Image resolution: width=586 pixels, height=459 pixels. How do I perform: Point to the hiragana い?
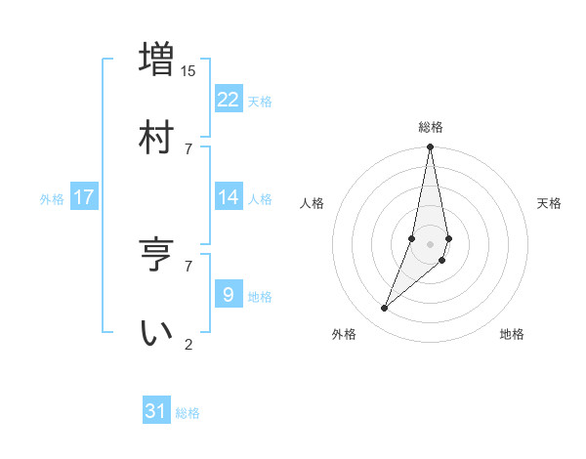(x=156, y=331)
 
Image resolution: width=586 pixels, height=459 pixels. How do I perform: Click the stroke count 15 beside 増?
(x=188, y=70)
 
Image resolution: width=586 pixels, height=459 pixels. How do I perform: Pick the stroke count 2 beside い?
(x=188, y=343)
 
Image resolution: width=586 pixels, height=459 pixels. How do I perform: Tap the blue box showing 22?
(x=229, y=100)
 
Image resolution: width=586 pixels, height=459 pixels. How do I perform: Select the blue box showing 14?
(x=229, y=197)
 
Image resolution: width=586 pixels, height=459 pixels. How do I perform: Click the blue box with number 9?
(x=229, y=295)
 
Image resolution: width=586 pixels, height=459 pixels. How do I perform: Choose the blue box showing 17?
(x=84, y=197)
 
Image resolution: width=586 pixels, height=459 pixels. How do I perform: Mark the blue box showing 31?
(x=156, y=411)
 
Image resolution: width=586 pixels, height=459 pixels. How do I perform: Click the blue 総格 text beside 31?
(x=188, y=413)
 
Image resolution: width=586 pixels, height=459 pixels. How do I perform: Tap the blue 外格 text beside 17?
(x=52, y=199)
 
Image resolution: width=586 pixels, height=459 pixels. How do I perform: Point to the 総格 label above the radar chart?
(x=431, y=127)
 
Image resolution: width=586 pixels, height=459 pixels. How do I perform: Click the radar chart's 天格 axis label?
(x=550, y=203)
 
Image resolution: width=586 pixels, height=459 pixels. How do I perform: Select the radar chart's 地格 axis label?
(x=512, y=334)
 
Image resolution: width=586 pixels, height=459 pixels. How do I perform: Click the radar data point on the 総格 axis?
(x=431, y=147)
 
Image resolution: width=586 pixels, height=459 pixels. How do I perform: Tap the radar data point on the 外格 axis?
(x=385, y=309)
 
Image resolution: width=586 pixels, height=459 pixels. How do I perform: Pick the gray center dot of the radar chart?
(x=431, y=244)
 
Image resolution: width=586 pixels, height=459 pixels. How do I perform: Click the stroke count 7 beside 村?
(x=188, y=148)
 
